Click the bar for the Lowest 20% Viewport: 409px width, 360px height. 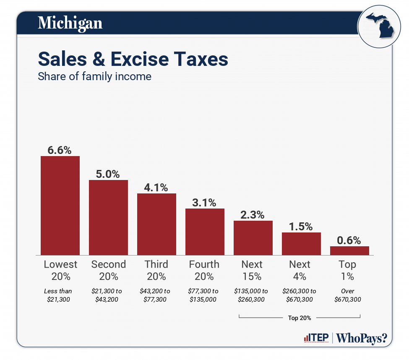[60, 205]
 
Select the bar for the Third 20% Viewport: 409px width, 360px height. [156, 224]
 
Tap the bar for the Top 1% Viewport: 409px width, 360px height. [349, 250]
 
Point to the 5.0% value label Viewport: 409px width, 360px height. [108, 174]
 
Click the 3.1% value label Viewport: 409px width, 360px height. [205, 203]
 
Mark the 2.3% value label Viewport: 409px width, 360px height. [253, 215]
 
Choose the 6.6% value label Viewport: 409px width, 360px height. [60, 150]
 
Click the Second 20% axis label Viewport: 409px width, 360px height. [108, 270]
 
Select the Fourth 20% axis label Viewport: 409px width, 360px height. [204, 270]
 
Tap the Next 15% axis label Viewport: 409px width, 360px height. [252, 270]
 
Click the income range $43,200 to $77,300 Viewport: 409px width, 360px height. [156, 295]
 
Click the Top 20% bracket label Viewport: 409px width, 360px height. [300, 318]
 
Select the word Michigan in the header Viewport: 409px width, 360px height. [70, 23]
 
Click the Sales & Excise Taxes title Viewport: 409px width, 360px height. [133, 59]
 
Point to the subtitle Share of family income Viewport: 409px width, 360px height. [94, 77]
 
